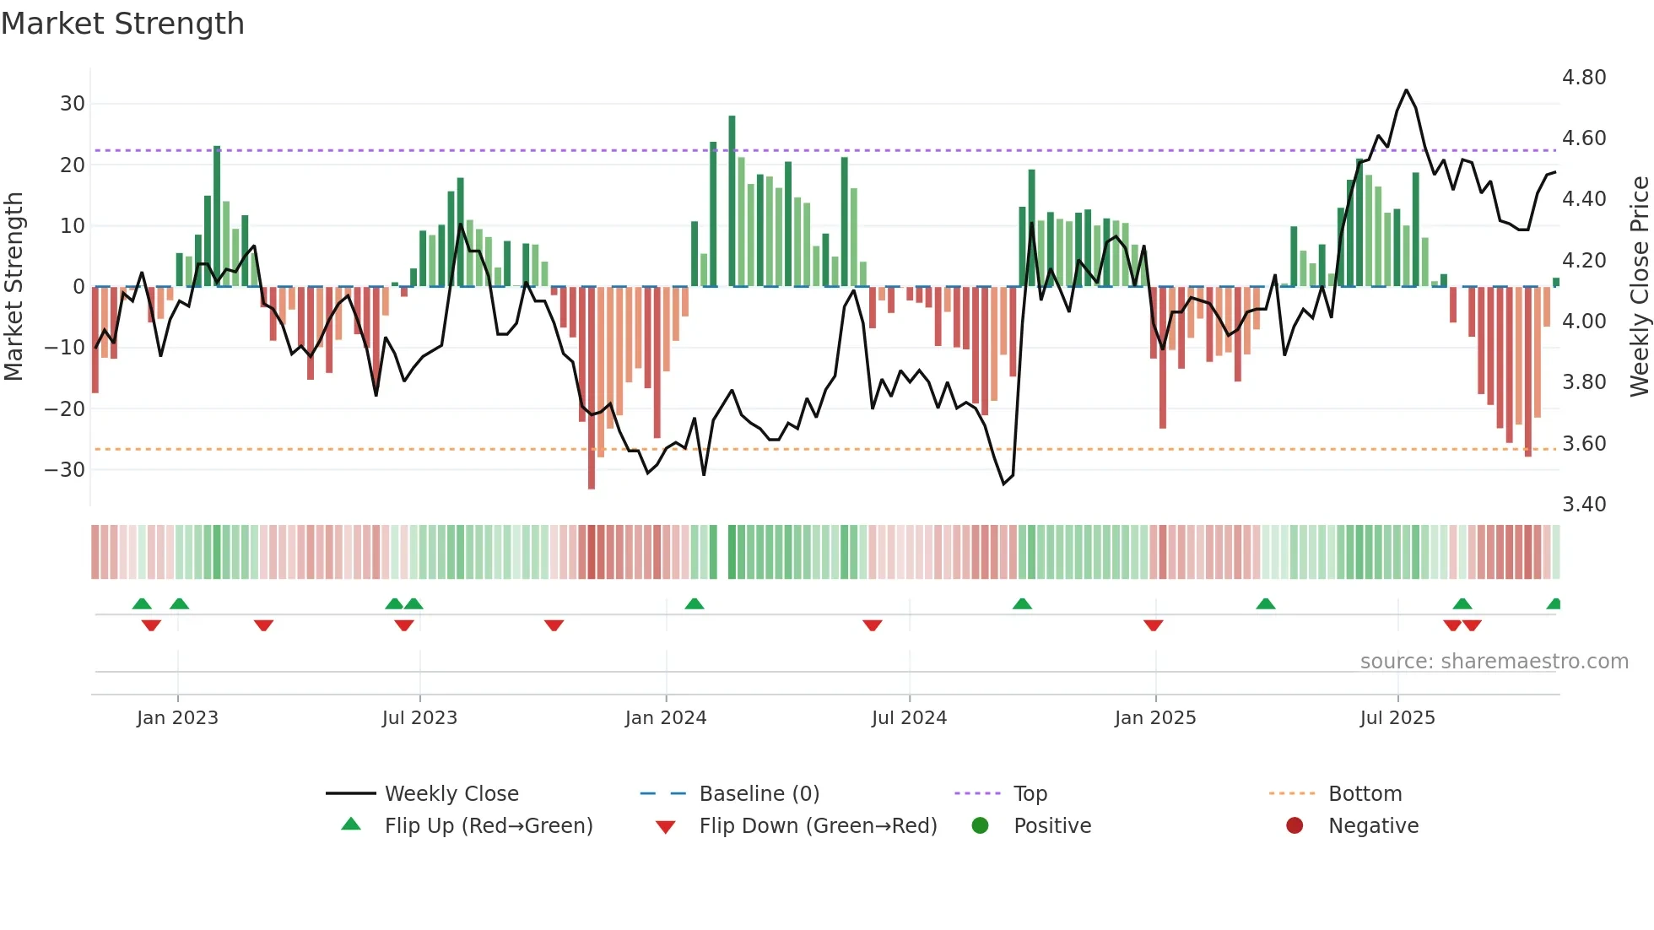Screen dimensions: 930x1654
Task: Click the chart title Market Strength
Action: (122, 24)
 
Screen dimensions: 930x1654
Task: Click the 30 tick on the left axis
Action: (73, 104)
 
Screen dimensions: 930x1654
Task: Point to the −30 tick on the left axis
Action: (65, 470)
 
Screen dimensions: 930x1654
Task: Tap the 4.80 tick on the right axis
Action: (1584, 78)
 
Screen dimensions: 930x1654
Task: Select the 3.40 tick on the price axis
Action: (1584, 505)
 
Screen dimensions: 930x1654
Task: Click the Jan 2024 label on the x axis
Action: (666, 718)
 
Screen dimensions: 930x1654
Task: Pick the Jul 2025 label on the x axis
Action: (1397, 718)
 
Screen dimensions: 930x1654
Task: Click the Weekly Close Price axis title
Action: (1639, 286)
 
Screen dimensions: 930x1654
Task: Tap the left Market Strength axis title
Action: (14, 286)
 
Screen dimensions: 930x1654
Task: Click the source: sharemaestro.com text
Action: (1494, 662)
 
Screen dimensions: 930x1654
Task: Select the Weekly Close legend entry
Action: (451, 794)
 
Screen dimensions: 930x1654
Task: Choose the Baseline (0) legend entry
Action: (759, 794)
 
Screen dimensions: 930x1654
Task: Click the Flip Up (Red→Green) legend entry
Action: (489, 826)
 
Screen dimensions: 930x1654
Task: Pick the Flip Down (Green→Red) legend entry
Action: (818, 826)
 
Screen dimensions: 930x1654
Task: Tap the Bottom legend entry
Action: (1365, 794)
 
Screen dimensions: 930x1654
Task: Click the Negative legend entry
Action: (1373, 826)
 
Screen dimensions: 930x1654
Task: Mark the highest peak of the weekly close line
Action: (1406, 90)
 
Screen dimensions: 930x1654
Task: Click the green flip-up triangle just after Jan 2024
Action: (695, 604)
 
